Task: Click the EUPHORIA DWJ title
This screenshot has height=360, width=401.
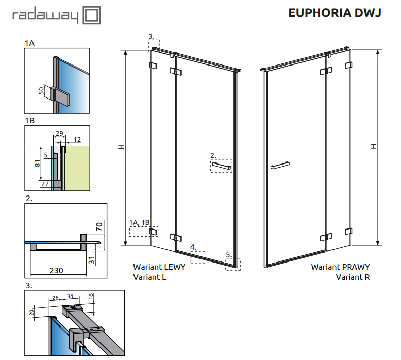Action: click(x=334, y=13)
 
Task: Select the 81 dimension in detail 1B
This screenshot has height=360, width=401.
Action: click(x=36, y=163)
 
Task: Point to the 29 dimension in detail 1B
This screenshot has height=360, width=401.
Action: click(x=59, y=133)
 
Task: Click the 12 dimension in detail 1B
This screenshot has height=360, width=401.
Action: click(x=77, y=139)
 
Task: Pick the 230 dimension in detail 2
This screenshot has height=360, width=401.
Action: click(x=56, y=270)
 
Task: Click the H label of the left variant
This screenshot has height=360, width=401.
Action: click(x=121, y=147)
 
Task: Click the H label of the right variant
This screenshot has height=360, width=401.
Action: click(x=373, y=146)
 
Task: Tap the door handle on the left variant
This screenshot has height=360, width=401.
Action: click(x=222, y=166)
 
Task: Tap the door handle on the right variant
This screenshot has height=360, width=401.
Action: click(x=280, y=165)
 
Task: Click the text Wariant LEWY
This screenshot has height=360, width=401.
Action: click(x=159, y=267)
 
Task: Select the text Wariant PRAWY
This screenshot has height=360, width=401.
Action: click(x=340, y=267)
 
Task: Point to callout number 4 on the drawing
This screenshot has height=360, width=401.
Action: click(x=193, y=247)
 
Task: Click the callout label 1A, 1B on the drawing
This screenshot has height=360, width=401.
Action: click(x=140, y=223)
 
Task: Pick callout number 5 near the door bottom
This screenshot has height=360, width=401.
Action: click(x=228, y=254)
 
